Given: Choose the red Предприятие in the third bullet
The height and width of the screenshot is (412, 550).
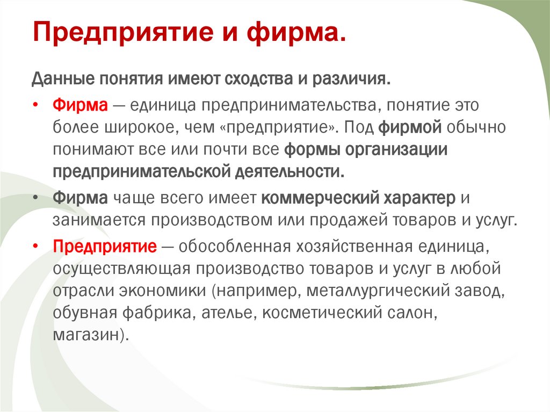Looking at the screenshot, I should coord(105,247).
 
